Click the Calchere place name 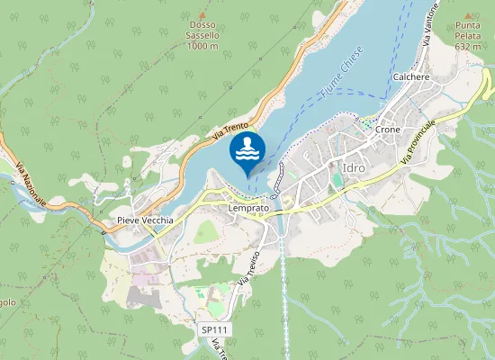point(411,77)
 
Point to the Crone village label point(388,130)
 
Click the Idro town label point(355,166)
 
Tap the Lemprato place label point(247,207)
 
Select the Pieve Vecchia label point(138,220)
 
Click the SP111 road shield point(215,330)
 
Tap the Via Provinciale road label point(418,141)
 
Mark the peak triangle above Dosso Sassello point(202,15)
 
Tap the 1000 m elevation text point(202,46)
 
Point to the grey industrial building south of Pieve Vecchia point(144,297)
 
